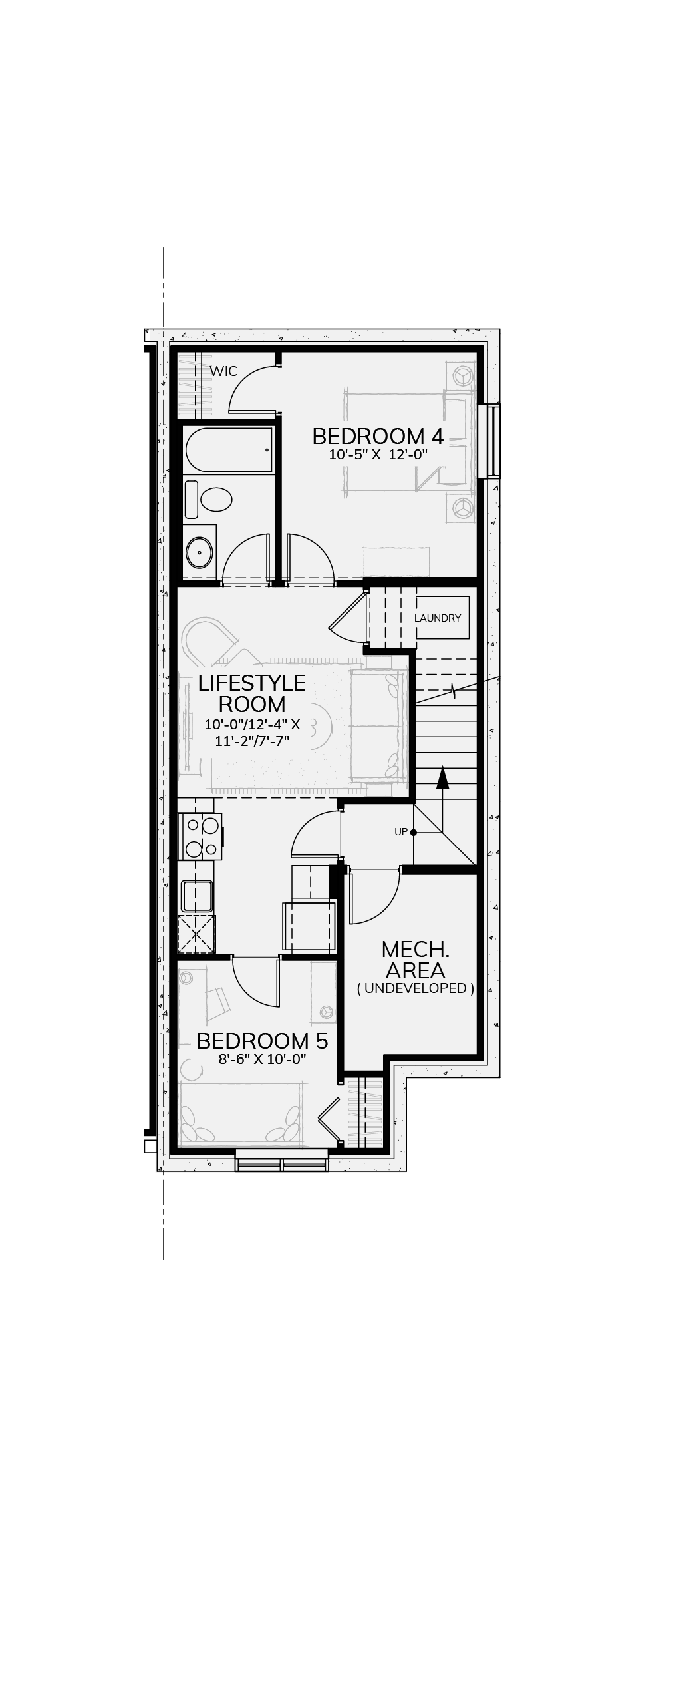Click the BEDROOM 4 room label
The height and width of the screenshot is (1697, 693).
point(377,437)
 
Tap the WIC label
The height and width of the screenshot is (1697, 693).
point(223,371)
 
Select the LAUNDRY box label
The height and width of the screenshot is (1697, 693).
point(438,618)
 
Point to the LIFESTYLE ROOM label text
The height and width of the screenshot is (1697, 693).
point(252,693)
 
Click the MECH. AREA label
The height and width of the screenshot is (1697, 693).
point(416,960)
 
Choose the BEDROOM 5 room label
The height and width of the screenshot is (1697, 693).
point(262,1041)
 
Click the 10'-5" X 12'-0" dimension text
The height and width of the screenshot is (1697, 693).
point(378,455)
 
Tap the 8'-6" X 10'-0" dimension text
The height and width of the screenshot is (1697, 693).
point(262,1059)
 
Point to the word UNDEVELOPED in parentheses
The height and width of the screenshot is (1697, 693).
point(416,988)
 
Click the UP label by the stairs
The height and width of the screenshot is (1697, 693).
point(401,832)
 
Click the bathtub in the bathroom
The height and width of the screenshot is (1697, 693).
point(229,451)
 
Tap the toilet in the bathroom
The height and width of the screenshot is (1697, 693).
point(208,500)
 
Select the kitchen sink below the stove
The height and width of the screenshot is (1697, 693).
point(197,896)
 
